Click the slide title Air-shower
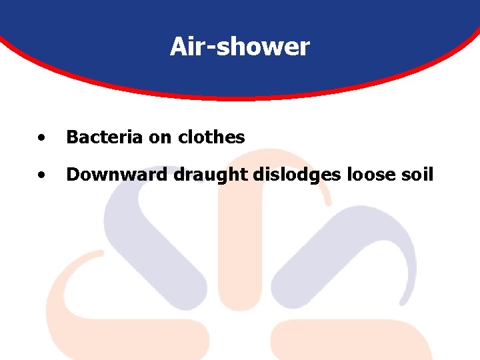239,47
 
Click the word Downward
117,175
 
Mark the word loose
364,175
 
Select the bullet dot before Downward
42,176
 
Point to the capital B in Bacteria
71,137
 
